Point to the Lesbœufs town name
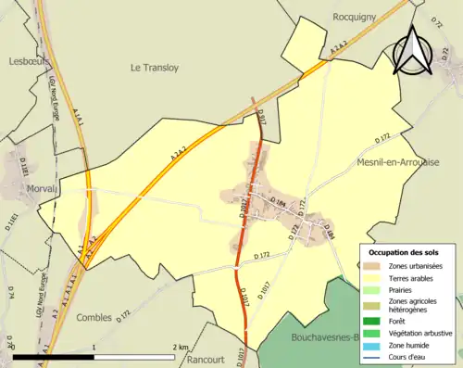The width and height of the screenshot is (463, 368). pyautogui.click(x=27, y=62)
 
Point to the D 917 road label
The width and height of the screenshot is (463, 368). pyautogui.click(x=262, y=118)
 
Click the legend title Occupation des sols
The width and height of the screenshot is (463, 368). pyautogui.click(x=405, y=252)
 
